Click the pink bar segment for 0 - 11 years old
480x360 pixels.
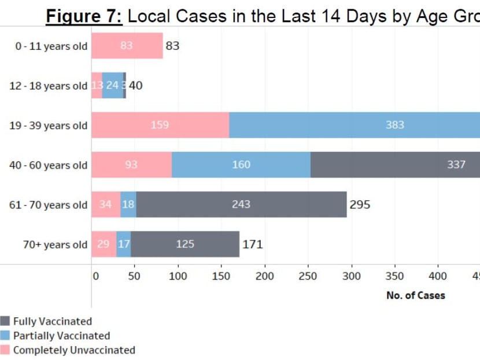[x=127, y=46]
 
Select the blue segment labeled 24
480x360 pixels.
[x=112, y=86]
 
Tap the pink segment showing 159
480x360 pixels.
[x=160, y=125]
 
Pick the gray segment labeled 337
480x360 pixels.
[x=396, y=165]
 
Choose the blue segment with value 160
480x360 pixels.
[x=241, y=165]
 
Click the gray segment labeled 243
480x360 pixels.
[x=241, y=204]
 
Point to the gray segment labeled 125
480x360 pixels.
[x=184, y=244]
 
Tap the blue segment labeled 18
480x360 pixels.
[x=128, y=204]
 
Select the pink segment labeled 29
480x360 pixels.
[x=104, y=244]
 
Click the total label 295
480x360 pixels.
[x=360, y=204]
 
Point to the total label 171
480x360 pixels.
[x=252, y=244]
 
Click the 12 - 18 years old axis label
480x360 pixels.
[x=49, y=86]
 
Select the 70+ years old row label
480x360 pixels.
[x=55, y=245]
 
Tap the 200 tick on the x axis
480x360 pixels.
[x=265, y=276]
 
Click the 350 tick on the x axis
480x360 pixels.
[x=395, y=276]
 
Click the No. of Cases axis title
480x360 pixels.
[x=415, y=295]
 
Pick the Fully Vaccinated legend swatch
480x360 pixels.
[x=5, y=321]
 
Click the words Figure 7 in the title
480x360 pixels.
[x=84, y=16]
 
